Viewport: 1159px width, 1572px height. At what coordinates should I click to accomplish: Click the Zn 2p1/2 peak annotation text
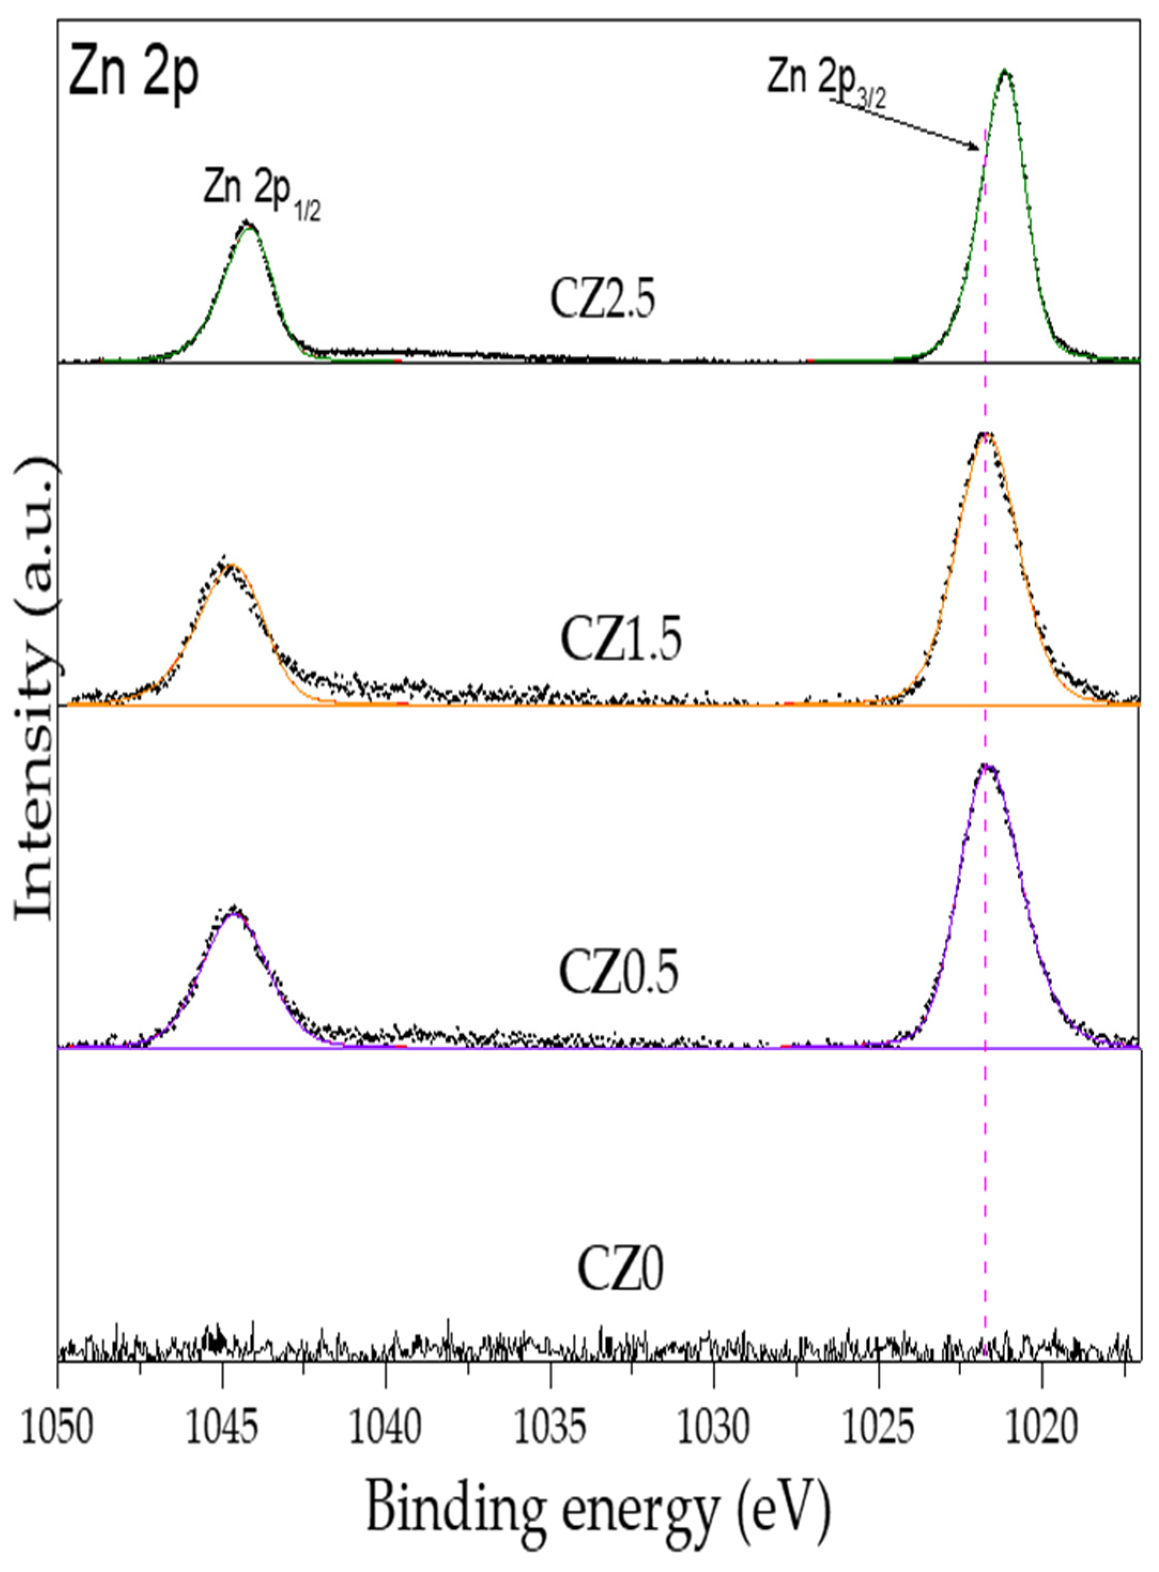click(x=262, y=191)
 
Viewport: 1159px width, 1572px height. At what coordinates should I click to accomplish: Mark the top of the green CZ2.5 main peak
click(x=1004, y=71)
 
